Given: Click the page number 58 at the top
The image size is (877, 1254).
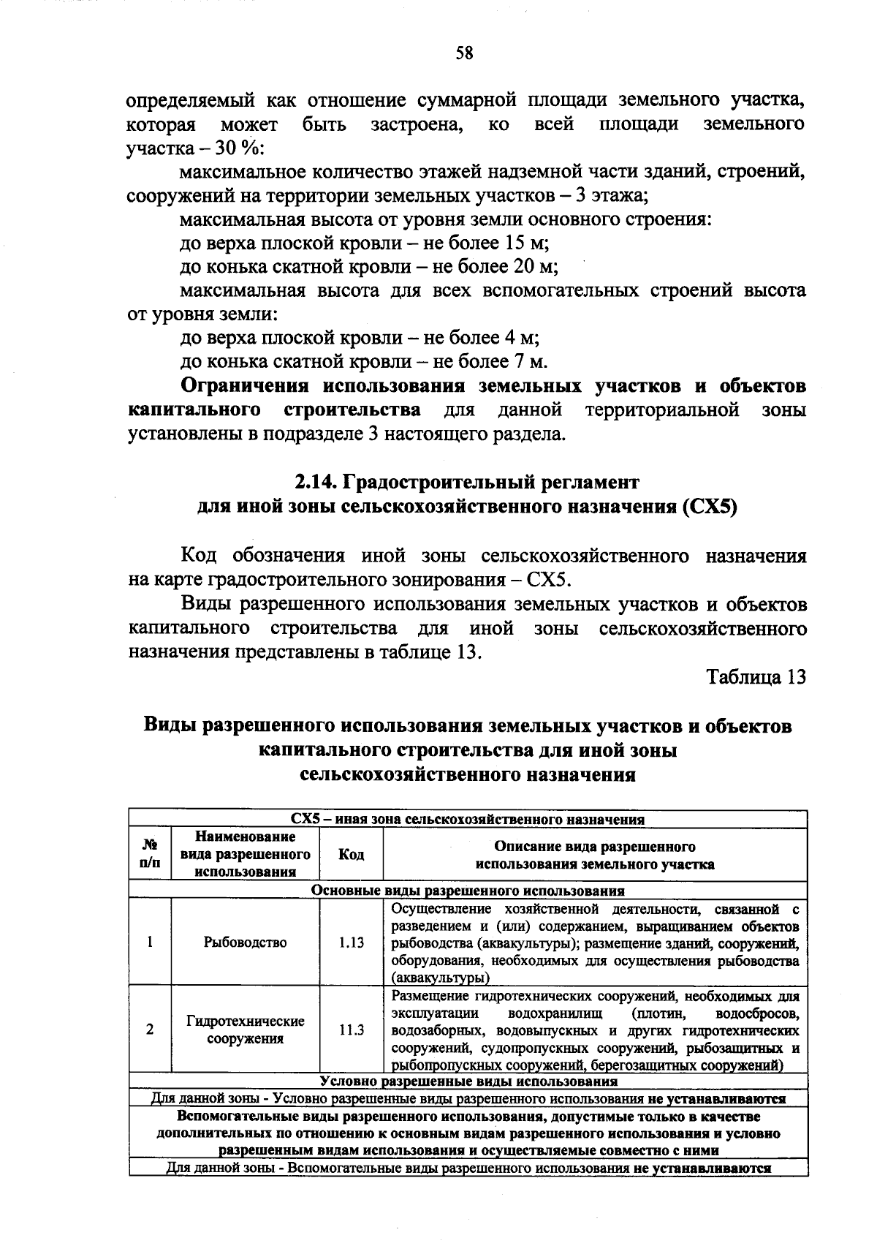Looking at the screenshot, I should pos(465,53).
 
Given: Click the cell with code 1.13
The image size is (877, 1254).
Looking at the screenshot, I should pos(352,943).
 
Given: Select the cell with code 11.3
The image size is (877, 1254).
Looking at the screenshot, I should pos(352,1030).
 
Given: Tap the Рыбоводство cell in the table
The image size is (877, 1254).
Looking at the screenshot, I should pos(245,943).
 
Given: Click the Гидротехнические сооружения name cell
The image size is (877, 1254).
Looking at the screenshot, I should pos(245,1030).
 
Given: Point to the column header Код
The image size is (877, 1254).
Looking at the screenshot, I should pos(352,855).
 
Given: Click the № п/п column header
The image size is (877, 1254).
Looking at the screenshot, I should pos(150,855).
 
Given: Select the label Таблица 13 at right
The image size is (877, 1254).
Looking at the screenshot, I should pos(756,677).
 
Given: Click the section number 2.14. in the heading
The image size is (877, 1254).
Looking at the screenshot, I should pos(316,483).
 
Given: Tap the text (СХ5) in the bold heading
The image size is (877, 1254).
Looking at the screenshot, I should pos(709,507).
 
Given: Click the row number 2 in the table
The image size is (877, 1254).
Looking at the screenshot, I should pos(150,1030).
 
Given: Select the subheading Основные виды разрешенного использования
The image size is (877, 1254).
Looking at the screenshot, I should pos(468,891).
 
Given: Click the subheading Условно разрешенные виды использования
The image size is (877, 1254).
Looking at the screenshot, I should pos(468,1081).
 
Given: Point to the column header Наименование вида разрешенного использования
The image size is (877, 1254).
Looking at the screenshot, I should pos(245,854).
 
